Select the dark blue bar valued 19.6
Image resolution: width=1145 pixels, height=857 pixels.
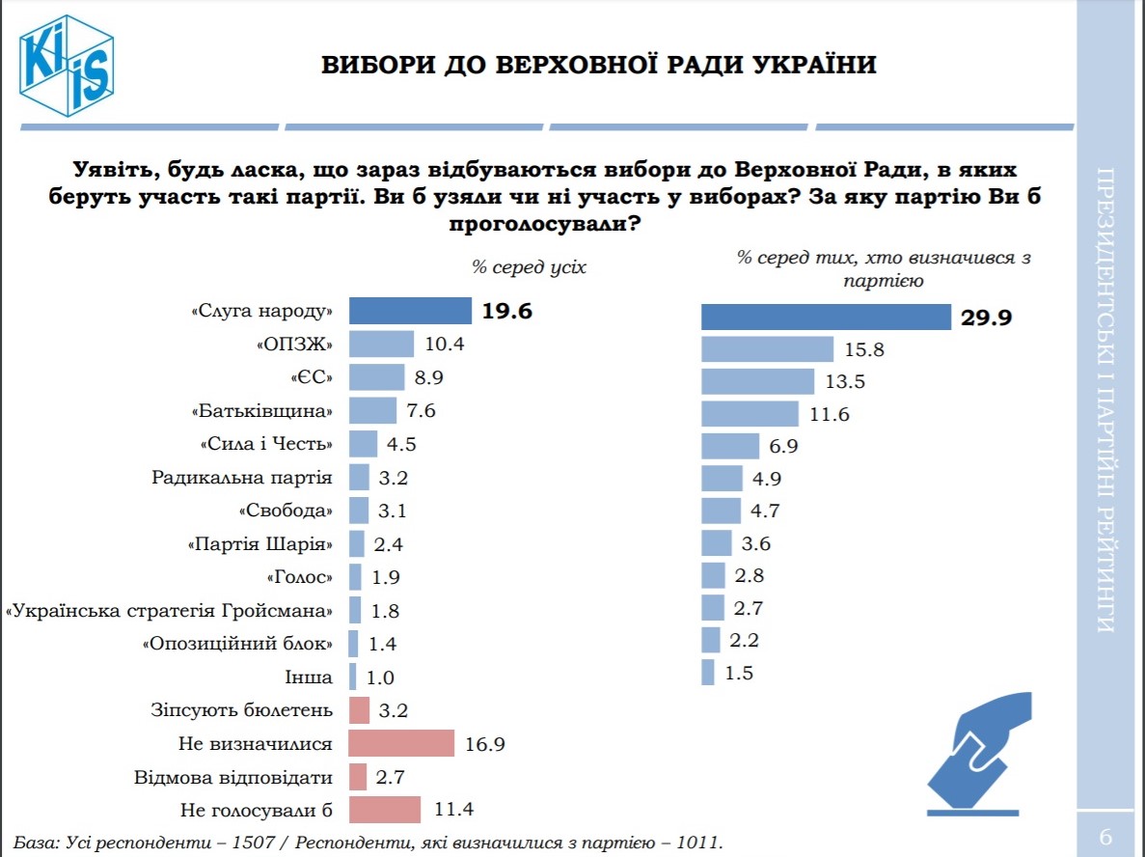pos(409,311)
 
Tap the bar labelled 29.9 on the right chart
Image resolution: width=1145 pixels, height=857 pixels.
pos(826,318)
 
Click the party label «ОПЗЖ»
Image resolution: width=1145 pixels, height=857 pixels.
pos(295,345)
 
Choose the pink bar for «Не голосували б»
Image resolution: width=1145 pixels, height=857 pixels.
pos(384,810)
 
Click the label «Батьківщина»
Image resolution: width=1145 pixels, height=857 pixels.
pos(262,411)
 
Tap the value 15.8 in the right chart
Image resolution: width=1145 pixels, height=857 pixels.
pos(864,350)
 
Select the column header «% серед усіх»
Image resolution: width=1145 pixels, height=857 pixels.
pos(528,266)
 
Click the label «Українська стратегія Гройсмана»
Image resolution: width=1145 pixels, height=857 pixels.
pos(170,611)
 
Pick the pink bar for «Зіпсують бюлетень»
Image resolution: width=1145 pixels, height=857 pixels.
pos(359,710)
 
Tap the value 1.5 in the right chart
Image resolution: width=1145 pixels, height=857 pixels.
pos(738,674)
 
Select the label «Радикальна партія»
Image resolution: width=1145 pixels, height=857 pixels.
pos(242,477)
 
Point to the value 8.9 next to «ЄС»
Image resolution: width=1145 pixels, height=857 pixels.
pos(403,377)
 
